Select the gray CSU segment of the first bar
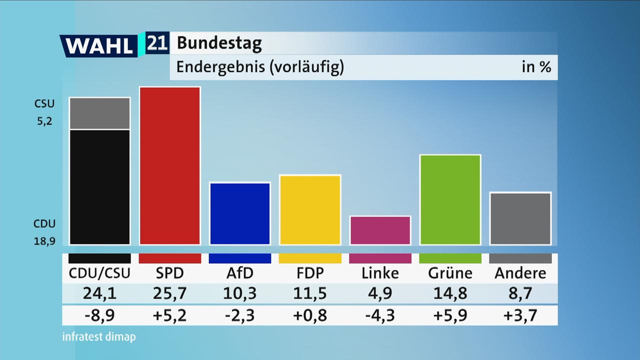click(x=100, y=113)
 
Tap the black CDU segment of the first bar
click(x=100, y=187)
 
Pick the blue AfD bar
click(x=240, y=213)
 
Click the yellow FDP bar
click(x=310, y=210)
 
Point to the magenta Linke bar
click(x=380, y=230)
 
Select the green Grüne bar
click(x=450, y=200)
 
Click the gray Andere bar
click(x=520, y=218)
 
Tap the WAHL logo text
click(x=99, y=46)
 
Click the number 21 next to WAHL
click(x=157, y=44)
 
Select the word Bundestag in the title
click(x=219, y=43)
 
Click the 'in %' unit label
click(x=536, y=67)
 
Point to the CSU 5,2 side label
click(x=44, y=112)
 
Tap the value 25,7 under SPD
click(x=170, y=293)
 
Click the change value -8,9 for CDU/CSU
click(x=100, y=315)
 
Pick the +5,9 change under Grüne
click(x=450, y=315)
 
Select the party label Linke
click(x=380, y=273)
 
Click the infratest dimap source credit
click(x=98, y=337)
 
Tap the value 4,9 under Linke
click(x=380, y=293)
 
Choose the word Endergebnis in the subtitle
click(x=220, y=67)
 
